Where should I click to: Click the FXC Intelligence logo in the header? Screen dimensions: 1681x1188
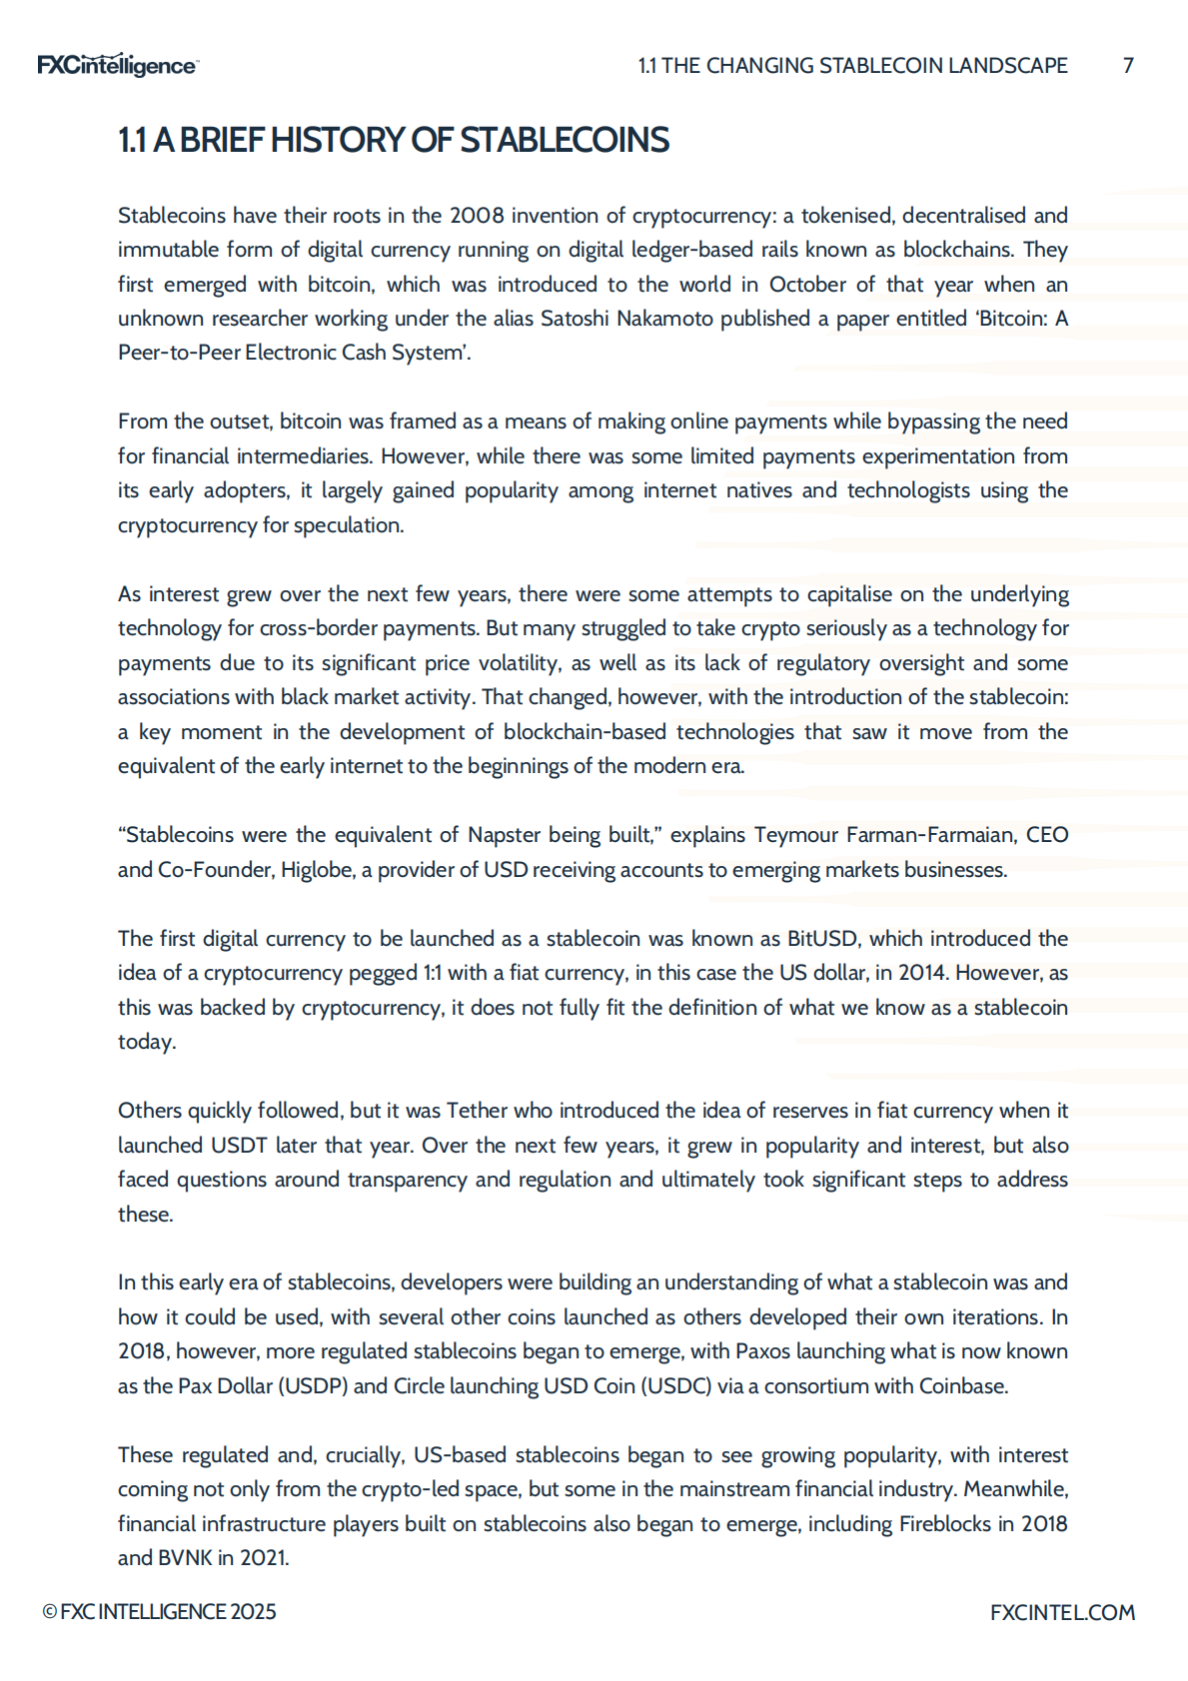point(117,66)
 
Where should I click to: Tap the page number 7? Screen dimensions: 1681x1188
point(1128,66)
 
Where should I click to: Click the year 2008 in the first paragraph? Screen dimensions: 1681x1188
point(477,216)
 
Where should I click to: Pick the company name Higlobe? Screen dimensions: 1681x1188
point(317,870)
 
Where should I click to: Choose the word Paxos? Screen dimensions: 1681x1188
point(763,1351)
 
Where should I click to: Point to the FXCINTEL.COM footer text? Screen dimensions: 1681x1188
point(1062,1612)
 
